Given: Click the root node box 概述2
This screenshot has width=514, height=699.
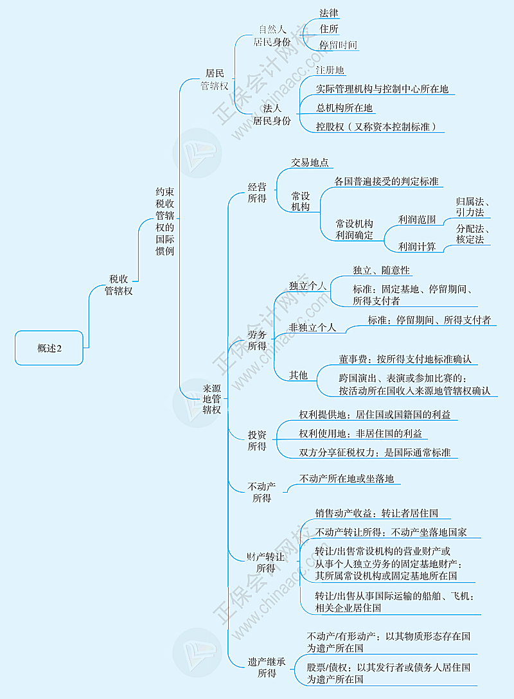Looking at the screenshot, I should [49, 348].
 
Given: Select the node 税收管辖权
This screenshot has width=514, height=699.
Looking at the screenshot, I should [119, 285].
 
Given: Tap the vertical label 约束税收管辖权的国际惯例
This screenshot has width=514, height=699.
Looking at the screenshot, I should [164, 221].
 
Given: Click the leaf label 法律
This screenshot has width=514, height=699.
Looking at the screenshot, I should [329, 13].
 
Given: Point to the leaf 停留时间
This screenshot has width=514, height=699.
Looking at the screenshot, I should [339, 45].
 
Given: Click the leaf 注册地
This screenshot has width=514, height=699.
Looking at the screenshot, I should [330, 70].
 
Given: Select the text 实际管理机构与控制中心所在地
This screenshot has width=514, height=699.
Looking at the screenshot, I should [382, 89].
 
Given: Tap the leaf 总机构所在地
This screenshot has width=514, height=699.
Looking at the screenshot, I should [344, 108].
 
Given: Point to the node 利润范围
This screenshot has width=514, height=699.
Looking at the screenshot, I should [417, 220].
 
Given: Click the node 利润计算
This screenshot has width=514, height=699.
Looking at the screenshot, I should [417, 247].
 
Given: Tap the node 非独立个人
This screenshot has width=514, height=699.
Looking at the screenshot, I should [312, 327].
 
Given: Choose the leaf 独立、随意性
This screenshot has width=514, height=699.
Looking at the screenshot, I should [381, 270].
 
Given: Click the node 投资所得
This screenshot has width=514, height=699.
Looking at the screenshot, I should [257, 441].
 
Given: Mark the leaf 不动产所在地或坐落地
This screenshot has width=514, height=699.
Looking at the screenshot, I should [346, 479].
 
